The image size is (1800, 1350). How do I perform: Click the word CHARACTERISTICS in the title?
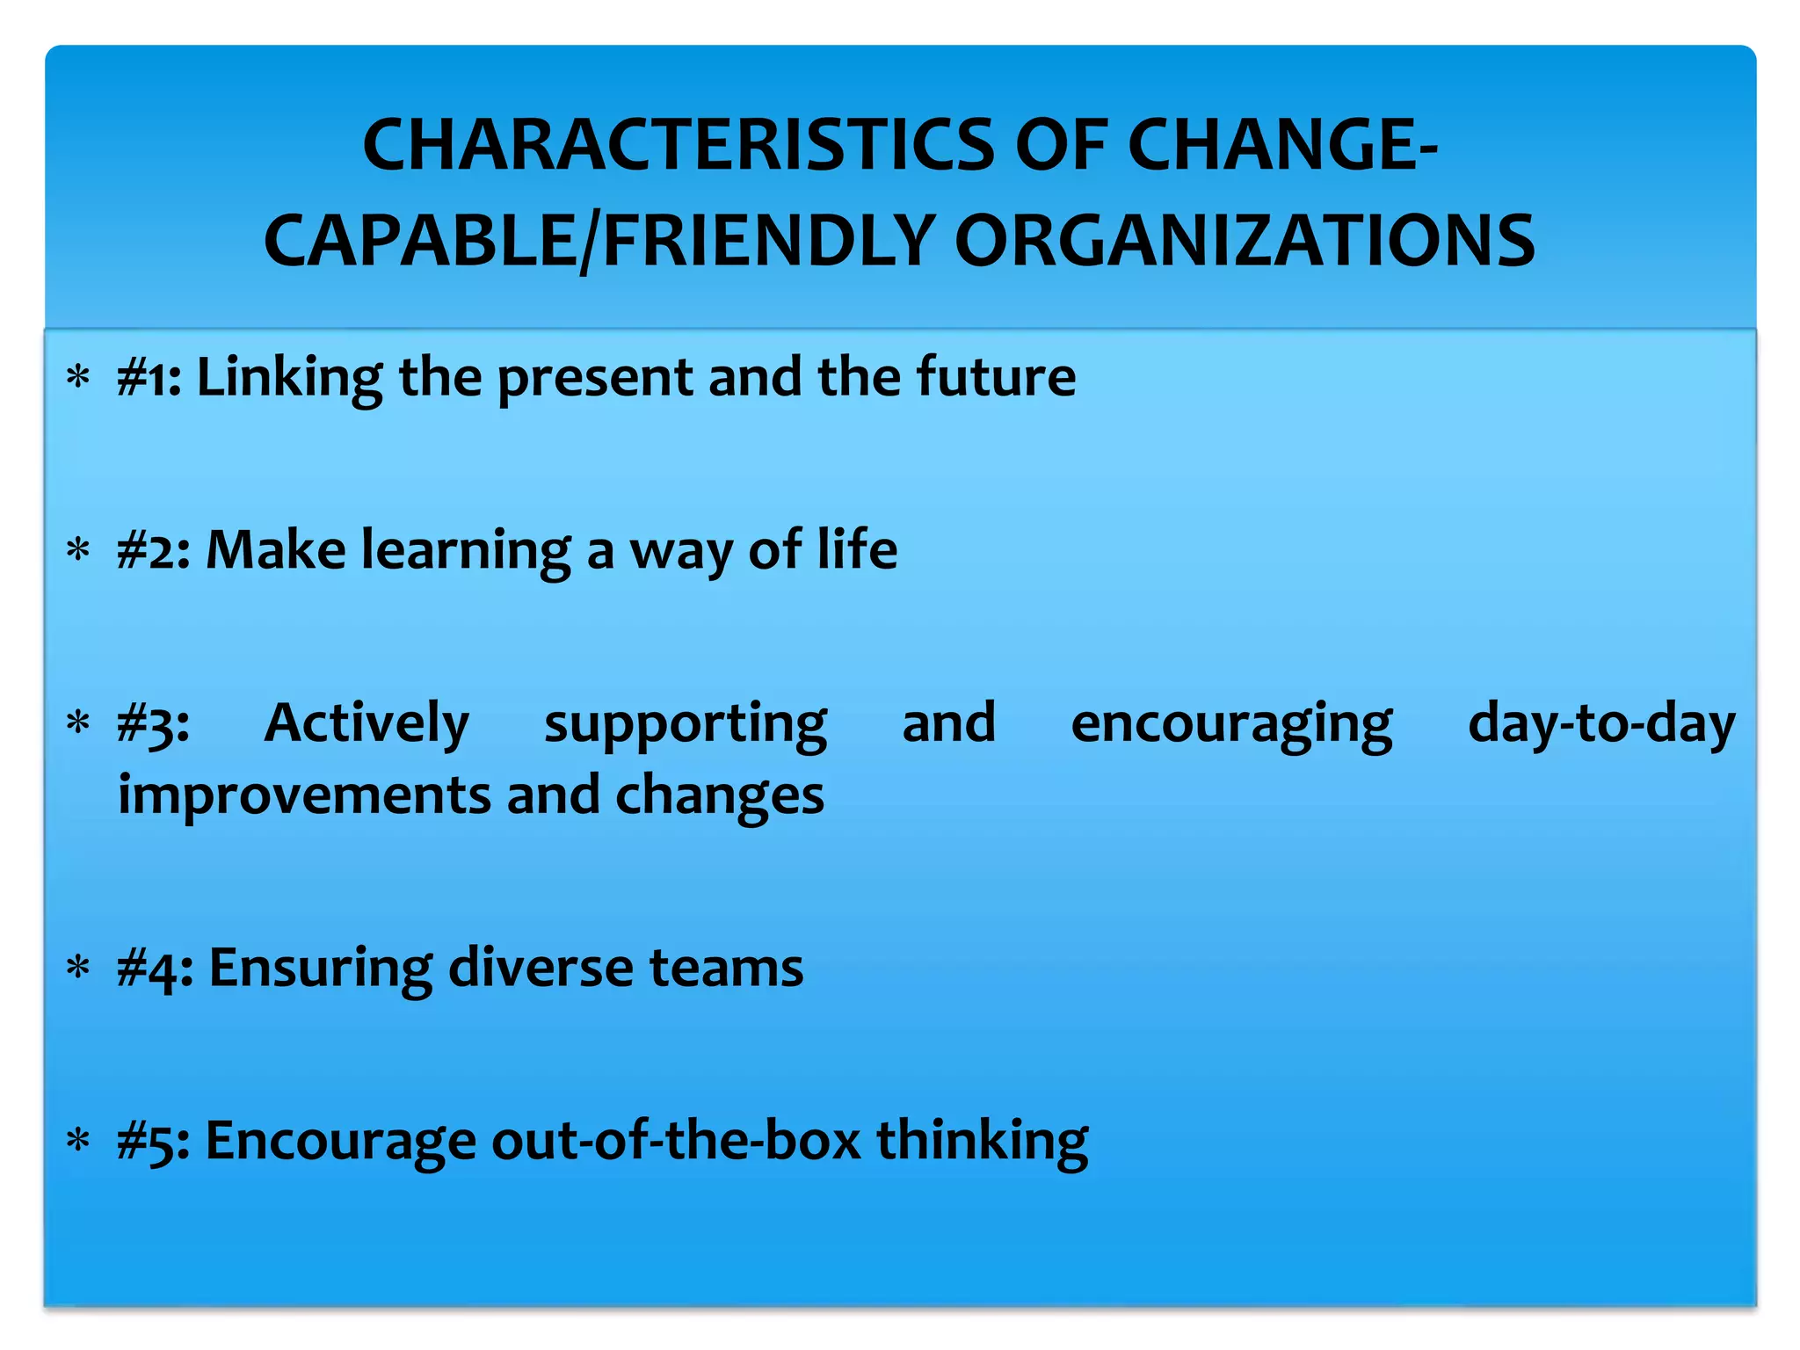pos(679,145)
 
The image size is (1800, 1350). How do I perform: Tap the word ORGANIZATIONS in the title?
pos(1245,241)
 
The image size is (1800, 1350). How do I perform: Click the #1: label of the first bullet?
pos(149,378)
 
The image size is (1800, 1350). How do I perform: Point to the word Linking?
pos(289,378)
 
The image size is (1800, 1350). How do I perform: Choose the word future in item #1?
pos(996,378)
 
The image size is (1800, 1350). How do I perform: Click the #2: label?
pos(154,551)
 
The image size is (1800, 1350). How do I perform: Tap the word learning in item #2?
pos(467,551)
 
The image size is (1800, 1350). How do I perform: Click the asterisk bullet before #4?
pos(79,969)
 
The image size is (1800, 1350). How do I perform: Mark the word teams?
pos(726,968)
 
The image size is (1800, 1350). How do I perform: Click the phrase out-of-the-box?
pos(676,1141)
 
